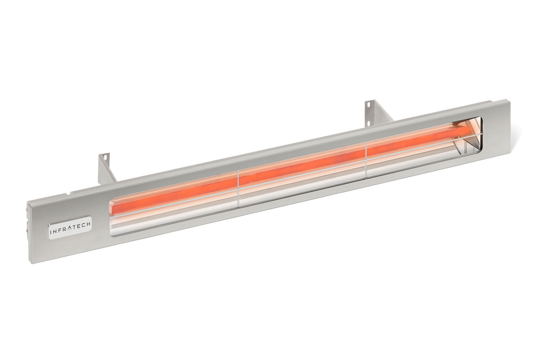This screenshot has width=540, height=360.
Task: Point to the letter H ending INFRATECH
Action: point(89,224)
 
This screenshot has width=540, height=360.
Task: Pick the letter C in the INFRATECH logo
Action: point(84,225)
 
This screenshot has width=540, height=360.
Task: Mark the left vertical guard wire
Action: point(238,188)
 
